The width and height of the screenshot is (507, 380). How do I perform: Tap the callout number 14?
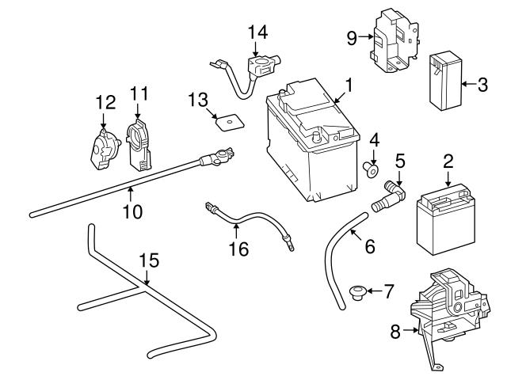point(257,32)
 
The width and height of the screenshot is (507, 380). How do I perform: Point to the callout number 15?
point(149,260)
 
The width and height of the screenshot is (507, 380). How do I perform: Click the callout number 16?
point(238,249)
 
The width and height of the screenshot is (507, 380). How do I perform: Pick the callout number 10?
point(132,212)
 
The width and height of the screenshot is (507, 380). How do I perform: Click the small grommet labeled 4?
point(369,168)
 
